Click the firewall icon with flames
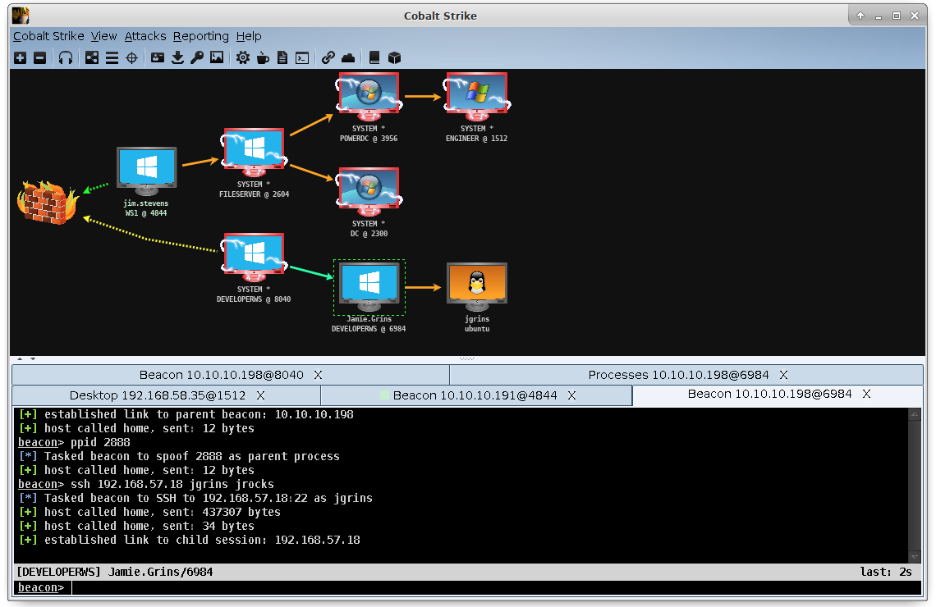point(48,202)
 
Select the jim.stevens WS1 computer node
point(146,171)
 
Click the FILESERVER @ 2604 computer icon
point(254,153)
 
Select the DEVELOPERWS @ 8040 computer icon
point(254,258)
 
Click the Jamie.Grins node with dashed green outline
point(369,287)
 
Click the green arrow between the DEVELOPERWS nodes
point(311,272)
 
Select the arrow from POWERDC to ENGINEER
point(423,97)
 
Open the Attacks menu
point(145,36)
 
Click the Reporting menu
point(200,36)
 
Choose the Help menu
point(248,36)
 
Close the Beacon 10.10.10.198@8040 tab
point(319,375)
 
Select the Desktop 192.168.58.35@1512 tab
point(158,395)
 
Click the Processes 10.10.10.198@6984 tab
point(679,375)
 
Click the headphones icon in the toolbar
point(66,58)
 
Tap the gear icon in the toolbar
point(243,58)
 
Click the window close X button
point(915,16)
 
